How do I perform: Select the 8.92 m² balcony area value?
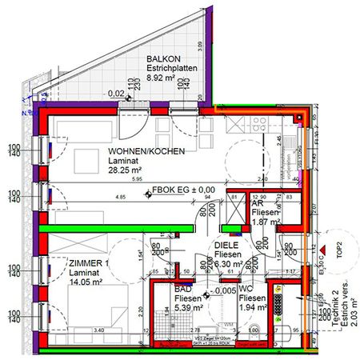click(169, 80)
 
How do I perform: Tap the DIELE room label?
click(228, 246)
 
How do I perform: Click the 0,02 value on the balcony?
click(116, 94)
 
